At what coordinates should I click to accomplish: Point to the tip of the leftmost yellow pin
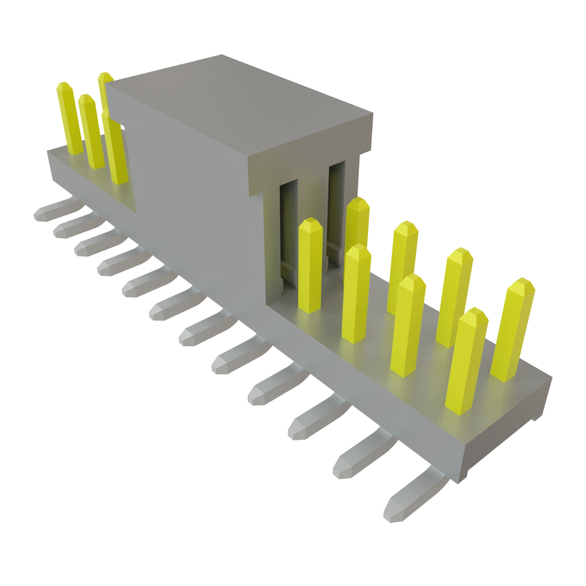coord(64,87)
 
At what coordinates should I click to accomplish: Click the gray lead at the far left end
coord(54,210)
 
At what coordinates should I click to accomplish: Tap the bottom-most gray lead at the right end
coord(412,498)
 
